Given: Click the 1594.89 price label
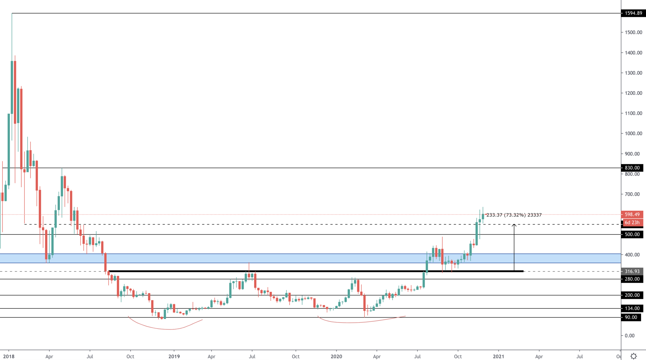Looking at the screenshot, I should [633, 13].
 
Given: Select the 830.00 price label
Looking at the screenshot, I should [632, 168].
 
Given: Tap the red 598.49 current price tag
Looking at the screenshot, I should [632, 215].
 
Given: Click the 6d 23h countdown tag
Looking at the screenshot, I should [632, 223].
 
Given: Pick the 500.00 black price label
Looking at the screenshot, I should [632, 234].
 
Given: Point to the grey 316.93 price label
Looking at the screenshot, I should [632, 271].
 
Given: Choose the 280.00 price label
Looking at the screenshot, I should [632, 279].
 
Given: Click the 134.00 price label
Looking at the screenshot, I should [632, 308].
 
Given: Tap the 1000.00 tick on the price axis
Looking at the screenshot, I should [633, 134].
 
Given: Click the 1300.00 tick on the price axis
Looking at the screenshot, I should [633, 73].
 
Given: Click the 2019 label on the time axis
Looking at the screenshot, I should [174, 356].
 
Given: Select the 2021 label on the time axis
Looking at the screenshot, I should [498, 356].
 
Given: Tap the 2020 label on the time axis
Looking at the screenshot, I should [336, 356].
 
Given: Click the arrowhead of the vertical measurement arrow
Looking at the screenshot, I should [514, 225].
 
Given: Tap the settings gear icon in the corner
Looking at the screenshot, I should [634, 356].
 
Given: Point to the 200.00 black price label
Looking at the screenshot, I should [632, 295].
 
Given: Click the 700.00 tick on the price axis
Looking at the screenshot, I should [632, 194].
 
